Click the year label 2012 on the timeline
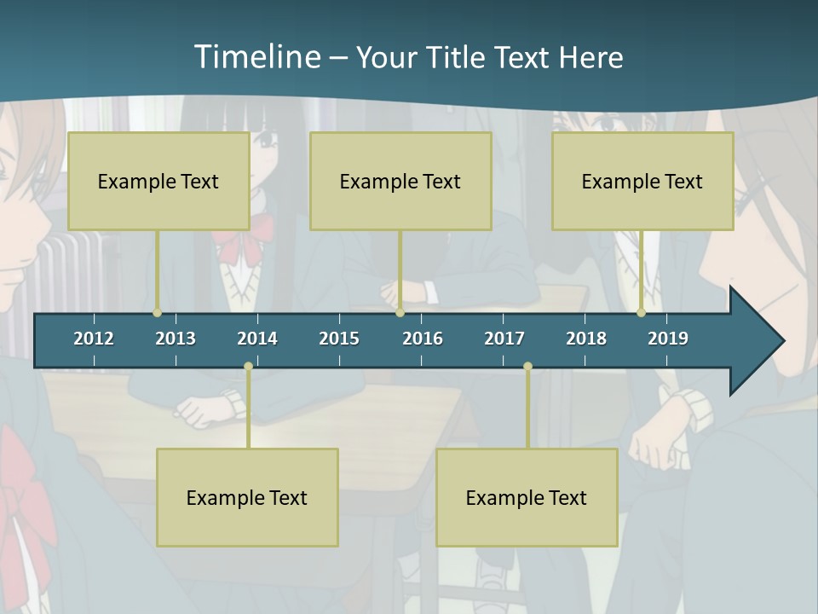(x=94, y=339)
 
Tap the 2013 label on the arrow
(x=176, y=339)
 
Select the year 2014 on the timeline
(x=257, y=339)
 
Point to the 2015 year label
(x=339, y=339)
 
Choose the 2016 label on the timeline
(x=423, y=339)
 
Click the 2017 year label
(x=504, y=339)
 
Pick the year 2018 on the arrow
(x=586, y=339)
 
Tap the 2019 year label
(x=668, y=339)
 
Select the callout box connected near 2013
(x=158, y=181)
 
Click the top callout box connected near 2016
(x=400, y=181)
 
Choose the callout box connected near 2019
(x=642, y=181)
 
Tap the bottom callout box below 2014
(x=247, y=497)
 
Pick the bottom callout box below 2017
(x=527, y=497)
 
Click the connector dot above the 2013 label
(x=158, y=312)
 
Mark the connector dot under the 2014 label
(x=248, y=367)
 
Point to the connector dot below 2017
(x=527, y=367)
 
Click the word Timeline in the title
(x=256, y=57)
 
